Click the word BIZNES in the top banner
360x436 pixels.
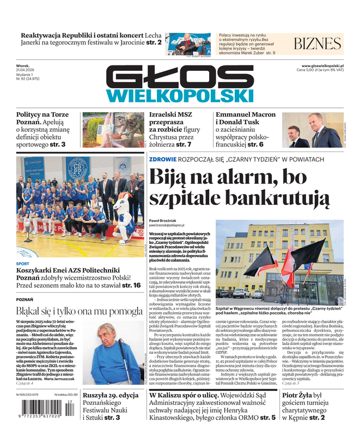coord(318,44)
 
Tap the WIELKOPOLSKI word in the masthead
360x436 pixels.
coord(180,96)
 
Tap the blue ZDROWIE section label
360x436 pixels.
coord(163,159)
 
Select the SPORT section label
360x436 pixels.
coord(23,263)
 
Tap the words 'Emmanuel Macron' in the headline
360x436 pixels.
coord(246,115)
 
